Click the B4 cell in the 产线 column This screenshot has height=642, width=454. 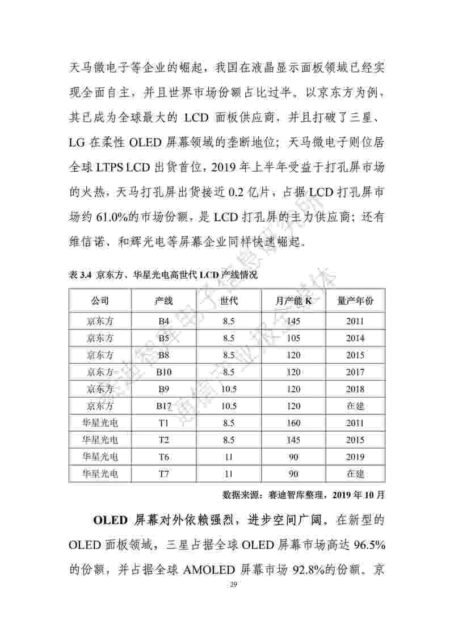tap(164, 321)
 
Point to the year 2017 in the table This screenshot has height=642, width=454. tap(355, 372)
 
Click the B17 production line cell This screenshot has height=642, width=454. tap(164, 406)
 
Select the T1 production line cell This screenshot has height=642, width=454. tap(164, 423)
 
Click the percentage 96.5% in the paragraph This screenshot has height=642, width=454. tap(369, 546)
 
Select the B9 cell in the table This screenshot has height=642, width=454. tap(164, 389)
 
